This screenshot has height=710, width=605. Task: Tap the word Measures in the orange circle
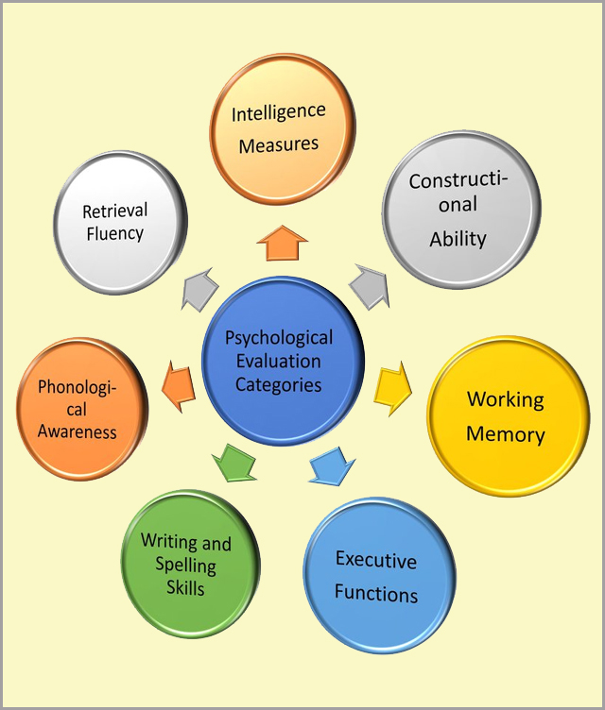(279, 145)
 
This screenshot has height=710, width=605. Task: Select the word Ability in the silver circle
(458, 239)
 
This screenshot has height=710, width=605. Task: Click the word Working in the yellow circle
(505, 398)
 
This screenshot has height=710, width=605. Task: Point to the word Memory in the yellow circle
(505, 434)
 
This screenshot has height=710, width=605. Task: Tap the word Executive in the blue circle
(375, 561)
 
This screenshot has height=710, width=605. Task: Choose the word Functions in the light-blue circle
(375, 595)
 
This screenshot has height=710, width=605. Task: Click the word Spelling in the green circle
(186, 566)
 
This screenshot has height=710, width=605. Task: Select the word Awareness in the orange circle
(78, 432)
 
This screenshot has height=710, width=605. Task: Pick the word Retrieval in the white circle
(114, 210)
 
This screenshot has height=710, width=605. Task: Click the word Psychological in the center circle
(279, 338)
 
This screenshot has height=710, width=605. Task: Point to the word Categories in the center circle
(279, 385)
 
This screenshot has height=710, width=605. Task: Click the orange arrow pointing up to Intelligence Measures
(282, 244)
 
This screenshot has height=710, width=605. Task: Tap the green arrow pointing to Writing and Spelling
(233, 460)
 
